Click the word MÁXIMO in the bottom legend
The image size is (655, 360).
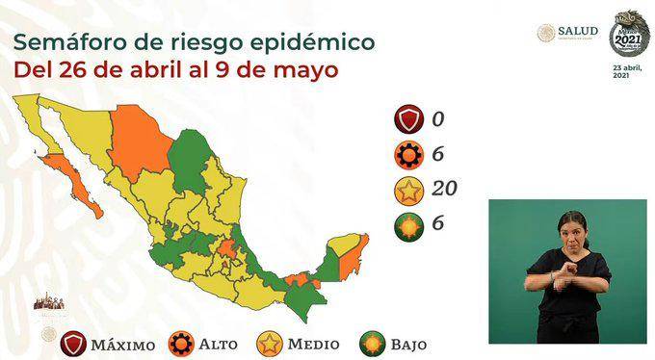pyautogui.click(x=124, y=343)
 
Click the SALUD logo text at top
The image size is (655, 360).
pyautogui.click(x=578, y=31)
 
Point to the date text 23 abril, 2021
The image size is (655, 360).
pyautogui.click(x=627, y=72)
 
